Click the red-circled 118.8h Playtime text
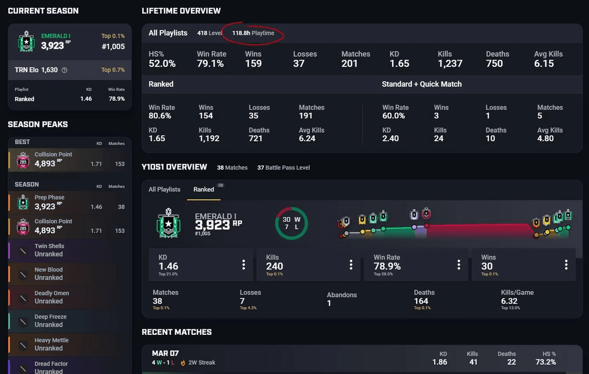(x=253, y=33)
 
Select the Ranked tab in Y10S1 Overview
(x=203, y=190)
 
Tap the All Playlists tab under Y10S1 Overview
(x=164, y=190)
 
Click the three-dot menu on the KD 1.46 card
(x=243, y=265)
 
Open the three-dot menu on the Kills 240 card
(x=351, y=265)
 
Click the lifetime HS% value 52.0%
(x=162, y=64)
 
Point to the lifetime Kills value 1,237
(x=450, y=64)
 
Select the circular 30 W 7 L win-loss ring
(x=291, y=223)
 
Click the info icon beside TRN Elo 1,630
(x=65, y=70)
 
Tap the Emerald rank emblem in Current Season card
(x=26, y=41)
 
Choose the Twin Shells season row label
(x=50, y=246)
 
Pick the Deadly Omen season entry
(x=52, y=293)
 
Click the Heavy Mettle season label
(x=52, y=340)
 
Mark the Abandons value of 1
(x=329, y=303)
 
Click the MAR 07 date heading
(x=165, y=353)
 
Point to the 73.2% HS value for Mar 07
(x=545, y=362)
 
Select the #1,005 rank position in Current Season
(x=113, y=47)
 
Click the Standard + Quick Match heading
(x=422, y=84)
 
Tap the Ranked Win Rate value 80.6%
(x=160, y=116)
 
